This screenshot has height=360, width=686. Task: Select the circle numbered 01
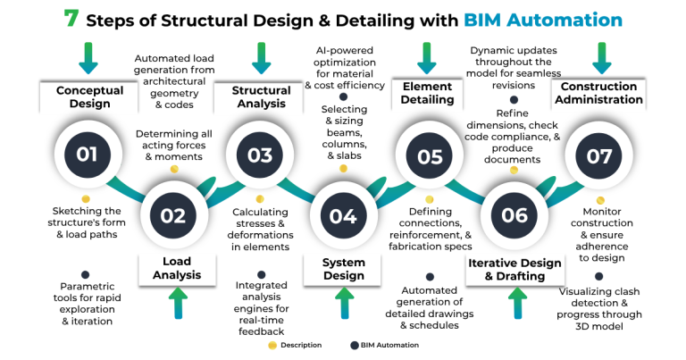[87, 155]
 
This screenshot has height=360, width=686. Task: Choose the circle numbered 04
[343, 215]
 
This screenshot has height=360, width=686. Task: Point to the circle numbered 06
[514, 215]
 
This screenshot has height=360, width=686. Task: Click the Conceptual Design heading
[83, 96]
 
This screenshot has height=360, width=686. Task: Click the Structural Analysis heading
[261, 96]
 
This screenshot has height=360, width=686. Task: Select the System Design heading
[343, 269]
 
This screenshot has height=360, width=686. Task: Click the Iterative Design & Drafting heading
[514, 270]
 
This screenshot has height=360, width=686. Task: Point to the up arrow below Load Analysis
[175, 304]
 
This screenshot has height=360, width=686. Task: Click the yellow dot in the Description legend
[272, 345]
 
